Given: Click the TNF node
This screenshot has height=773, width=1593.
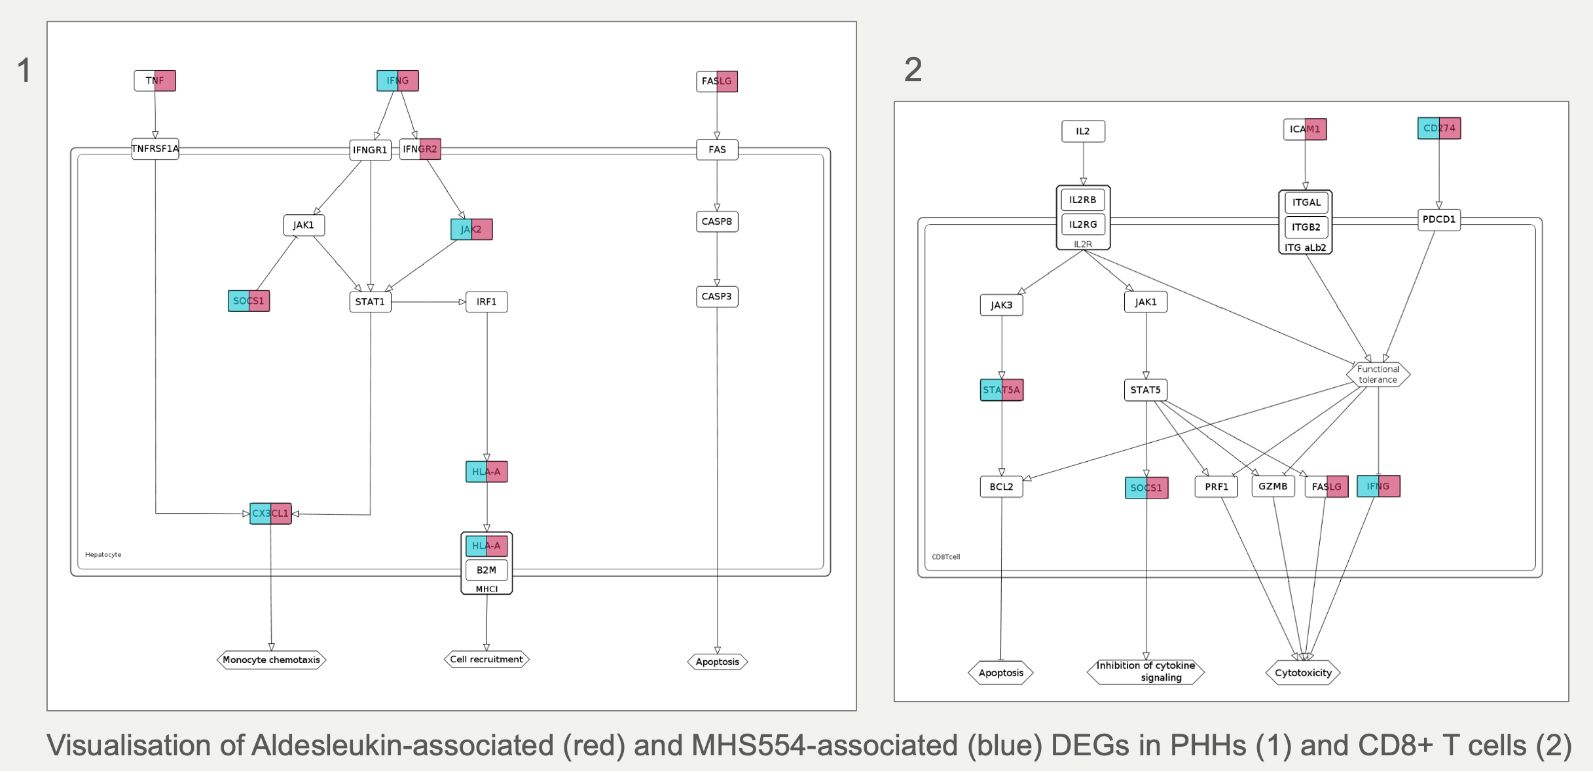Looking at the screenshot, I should (155, 81).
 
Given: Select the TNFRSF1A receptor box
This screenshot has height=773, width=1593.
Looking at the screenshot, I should (155, 149).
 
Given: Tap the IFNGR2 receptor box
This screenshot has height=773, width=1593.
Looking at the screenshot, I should (420, 149).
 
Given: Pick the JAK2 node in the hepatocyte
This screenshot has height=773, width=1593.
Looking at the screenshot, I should (471, 229).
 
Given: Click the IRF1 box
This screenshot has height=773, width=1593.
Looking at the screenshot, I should (486, 302).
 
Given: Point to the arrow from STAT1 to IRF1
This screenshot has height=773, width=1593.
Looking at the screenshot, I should (429, 302).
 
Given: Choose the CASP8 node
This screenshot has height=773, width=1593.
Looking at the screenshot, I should (717, 221).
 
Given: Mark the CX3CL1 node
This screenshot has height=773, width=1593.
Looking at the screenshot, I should (270, 514).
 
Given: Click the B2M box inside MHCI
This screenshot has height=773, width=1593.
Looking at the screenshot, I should (486, 570).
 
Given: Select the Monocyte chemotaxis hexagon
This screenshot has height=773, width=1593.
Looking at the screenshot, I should (271, 660).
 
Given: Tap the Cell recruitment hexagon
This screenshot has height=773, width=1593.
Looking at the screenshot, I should (486, 659).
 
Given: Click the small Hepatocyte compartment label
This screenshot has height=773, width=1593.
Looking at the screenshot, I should (103, 555).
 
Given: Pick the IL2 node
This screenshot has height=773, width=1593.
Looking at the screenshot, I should (1083, 131).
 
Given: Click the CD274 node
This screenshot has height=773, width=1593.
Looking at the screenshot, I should (1439, 128).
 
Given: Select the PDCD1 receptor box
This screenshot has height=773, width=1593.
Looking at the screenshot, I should (1439, 219).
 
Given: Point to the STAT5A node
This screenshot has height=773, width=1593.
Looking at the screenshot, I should (1001, 390).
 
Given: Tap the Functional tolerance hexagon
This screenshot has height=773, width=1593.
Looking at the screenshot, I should (1378, 375).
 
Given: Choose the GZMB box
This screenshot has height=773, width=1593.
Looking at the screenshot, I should (1273, 486).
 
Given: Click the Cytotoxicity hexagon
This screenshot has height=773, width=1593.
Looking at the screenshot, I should (1303, 673).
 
